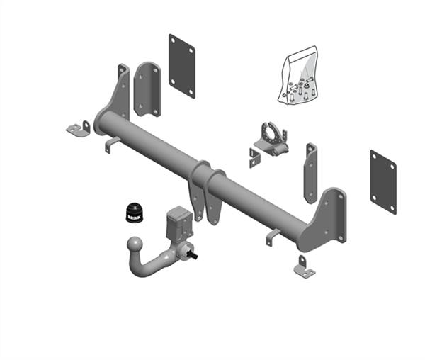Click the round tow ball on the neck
[132, 246]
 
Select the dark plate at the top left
[181, 65]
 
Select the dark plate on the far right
[382, 180]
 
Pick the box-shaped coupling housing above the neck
[176, 220]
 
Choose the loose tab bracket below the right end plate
[304, 267]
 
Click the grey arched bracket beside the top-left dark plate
[147, 89]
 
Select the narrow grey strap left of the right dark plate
[310, 174]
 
